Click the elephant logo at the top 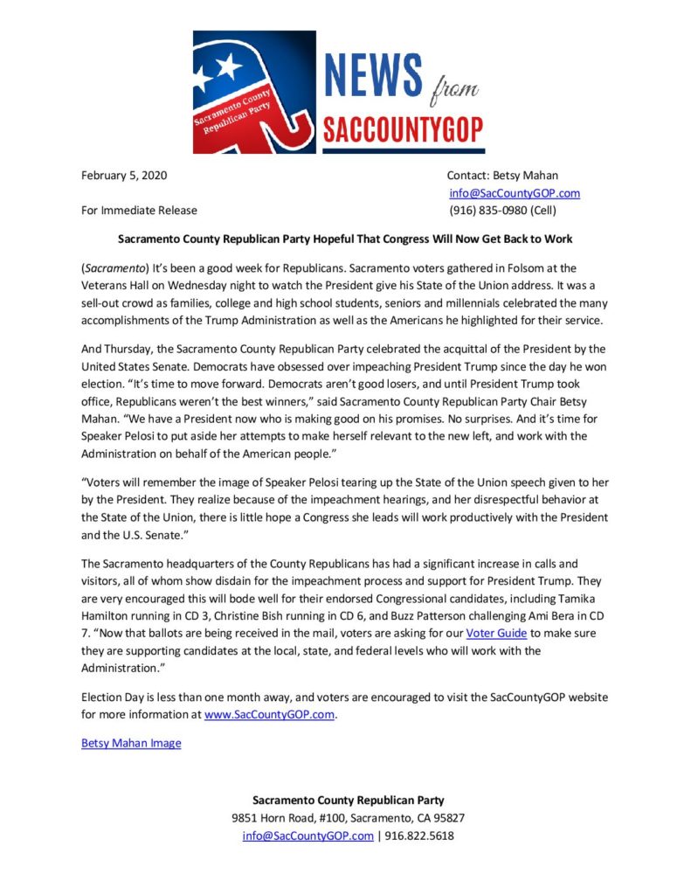pos(254,93)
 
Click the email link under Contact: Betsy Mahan pos(515,193)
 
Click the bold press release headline pos(345,239)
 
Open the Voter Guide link pos(496,633)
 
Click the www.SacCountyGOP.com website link pos(270,714)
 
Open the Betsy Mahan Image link pos(131,743)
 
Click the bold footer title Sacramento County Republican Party pos(348,800)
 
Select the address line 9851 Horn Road pos(348,818)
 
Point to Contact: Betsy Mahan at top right pos(502,175)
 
